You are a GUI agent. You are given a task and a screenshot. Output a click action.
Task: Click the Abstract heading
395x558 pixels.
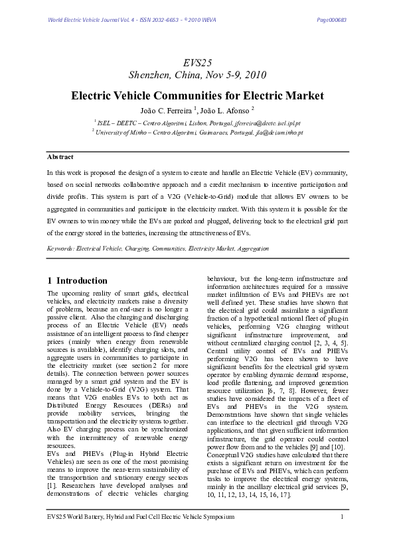60,157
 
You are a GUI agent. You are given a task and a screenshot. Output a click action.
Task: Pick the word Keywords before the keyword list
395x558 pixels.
60,249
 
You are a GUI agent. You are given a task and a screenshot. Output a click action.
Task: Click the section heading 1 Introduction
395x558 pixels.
78,280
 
